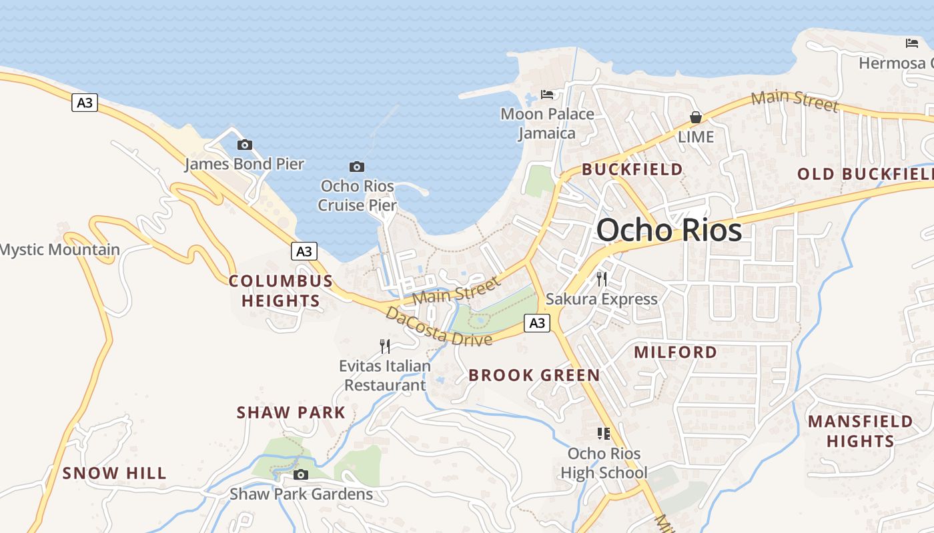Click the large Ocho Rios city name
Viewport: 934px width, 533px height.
click(x=669, y=230)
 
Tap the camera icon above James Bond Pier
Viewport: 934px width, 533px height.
click(x=245, y=145)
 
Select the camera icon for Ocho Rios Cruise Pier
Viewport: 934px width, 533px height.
click(x=357, y=167)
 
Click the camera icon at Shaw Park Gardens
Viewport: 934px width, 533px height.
click(x=301, y=474)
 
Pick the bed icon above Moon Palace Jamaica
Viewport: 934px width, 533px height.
click(x=547, y=94)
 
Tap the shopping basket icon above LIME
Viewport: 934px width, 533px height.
click(x=696, y=117)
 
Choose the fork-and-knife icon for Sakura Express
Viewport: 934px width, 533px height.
click(x=602, y=278)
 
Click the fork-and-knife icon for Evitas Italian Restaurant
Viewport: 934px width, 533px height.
click(x=384, y=346)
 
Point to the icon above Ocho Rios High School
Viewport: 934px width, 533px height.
click(x=604, y=434)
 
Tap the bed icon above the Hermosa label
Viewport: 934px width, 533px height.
click(x=912, y=43)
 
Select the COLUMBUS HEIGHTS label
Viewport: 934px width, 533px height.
click(x=281, y=290)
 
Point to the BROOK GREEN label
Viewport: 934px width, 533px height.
click(x=534, y=375)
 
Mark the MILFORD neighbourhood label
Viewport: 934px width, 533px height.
click(x=676, y=352)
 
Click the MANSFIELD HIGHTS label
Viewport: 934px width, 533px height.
click(x=861, y=431)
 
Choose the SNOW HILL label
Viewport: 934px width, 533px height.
click(x=115, y=474)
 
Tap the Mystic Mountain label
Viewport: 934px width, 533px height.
click(x=60, y=250)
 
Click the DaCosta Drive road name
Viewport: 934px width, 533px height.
click(x=439, y=327)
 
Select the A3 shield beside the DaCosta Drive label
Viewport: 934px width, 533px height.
click(x=537, y=323)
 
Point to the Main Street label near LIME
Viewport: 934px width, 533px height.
click(x=795, y=101)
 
